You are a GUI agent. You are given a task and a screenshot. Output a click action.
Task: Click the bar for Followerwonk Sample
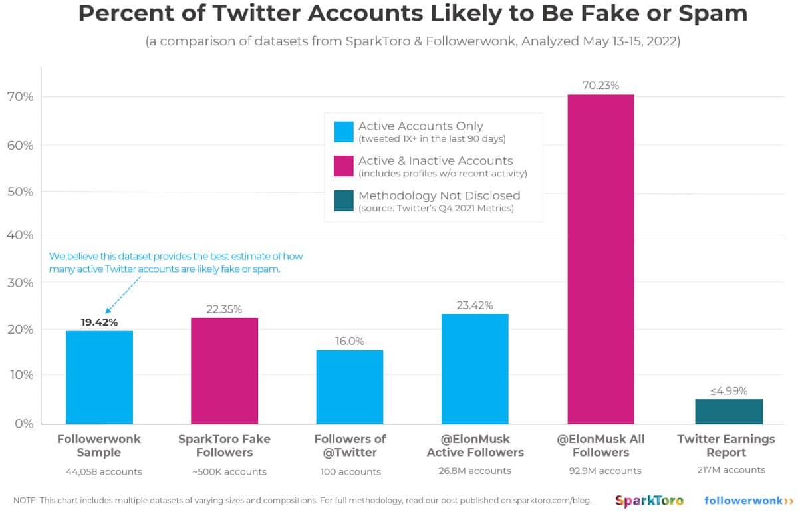[99, 377]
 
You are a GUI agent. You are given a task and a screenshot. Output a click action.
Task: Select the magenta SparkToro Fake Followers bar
[224, 370]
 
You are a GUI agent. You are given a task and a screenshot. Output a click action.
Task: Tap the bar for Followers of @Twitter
[350, 387]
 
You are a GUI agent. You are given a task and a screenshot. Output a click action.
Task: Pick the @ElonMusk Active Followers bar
[475, 368]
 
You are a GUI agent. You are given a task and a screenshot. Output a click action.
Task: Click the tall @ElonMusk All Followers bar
[600, 259]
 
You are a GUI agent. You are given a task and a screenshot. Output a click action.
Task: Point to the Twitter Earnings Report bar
[728, 411]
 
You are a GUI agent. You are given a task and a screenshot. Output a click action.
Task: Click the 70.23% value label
[600, 86]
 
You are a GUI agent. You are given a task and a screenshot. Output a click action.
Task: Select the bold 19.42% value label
[99, 322]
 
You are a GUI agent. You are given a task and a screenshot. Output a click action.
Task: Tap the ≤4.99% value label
[728, 390]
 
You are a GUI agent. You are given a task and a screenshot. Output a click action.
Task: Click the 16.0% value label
[350, 341]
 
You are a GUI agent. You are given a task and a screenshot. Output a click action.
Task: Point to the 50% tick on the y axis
[20, 192]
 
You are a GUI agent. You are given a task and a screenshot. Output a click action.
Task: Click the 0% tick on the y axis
[23, 423]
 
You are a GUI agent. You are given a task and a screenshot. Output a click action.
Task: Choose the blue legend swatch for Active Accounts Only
[343, 132]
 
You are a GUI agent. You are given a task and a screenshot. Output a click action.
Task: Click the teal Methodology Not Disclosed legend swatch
[343, 201]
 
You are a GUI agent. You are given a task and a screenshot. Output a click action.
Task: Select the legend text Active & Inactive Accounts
[436, 160]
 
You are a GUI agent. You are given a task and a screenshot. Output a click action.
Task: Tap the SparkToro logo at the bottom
[649, 500]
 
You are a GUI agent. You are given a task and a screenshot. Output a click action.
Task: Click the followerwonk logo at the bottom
[749, 500]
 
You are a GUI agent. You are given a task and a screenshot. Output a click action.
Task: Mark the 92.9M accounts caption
[600, 471]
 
